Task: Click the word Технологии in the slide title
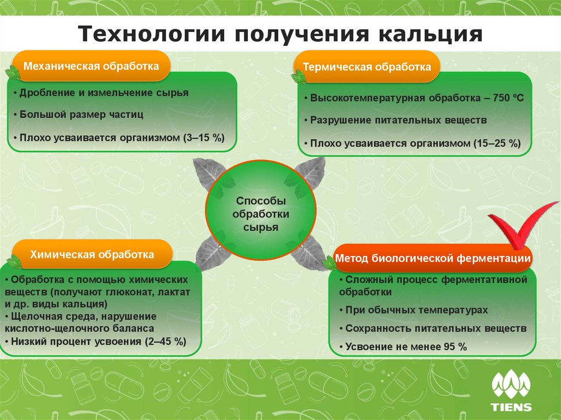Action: coord(152,34)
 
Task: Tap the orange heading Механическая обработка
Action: coord(91,66)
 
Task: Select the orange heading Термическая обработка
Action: coord(367,67)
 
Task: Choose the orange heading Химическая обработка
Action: coord(92,255)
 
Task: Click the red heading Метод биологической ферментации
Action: coord(433,258)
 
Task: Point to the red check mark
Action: coord(522,226)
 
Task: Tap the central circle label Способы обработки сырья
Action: coord(261,214)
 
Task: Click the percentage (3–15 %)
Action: coord(204,138)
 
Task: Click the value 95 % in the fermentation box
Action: coord(455,347)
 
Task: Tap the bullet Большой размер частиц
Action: coord(79,114)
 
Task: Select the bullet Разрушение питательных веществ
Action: coord(396,120)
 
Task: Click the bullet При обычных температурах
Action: coord(414,310)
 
